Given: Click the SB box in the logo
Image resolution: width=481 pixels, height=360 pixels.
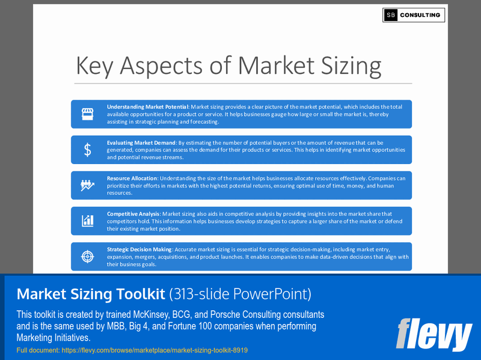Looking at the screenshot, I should tap(391, 15).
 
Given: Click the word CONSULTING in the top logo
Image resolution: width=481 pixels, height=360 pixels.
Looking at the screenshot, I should tap(420, 15).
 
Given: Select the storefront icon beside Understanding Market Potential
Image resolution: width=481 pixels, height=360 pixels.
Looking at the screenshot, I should tap(88, 114).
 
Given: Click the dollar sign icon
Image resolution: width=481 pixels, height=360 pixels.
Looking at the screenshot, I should tap(88, 150).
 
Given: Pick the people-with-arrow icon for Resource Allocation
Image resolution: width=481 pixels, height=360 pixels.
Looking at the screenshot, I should tap(88, 186).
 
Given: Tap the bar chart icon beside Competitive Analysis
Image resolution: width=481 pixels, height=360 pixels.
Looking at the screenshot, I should tap(88, 221).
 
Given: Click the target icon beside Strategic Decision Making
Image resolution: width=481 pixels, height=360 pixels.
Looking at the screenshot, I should tap(88, 257).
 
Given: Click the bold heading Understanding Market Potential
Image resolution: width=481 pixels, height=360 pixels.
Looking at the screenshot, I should tap(148, 107).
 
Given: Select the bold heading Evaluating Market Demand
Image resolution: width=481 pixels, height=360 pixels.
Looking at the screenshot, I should tap(141, 143).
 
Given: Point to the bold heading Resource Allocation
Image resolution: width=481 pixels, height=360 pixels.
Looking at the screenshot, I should tap(132, 178).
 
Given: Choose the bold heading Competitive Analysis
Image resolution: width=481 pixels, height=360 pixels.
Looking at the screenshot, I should tap(133, 214).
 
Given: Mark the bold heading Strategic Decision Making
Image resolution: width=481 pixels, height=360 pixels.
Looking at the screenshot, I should tap(139, 249).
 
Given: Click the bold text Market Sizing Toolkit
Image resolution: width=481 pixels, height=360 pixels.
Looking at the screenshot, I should tap(90, 294).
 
